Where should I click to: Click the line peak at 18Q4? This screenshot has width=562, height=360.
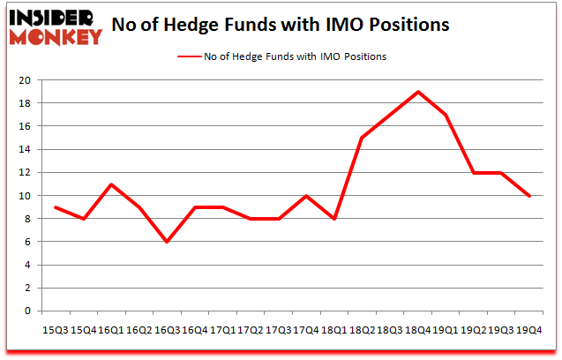417,92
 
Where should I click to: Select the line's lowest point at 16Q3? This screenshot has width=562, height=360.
167,242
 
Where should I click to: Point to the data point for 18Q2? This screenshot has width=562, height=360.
362,138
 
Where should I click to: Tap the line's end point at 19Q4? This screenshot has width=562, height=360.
529,196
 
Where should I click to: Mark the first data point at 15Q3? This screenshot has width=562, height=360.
56,207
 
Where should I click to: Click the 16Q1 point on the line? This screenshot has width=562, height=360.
111,184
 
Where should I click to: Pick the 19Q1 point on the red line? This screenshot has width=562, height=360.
446,115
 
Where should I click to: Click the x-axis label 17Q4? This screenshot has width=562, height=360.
306,330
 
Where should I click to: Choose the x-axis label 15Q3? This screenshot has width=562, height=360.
56,330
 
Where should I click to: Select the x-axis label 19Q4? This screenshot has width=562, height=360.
529,330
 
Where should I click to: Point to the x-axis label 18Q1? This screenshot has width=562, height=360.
334,330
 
